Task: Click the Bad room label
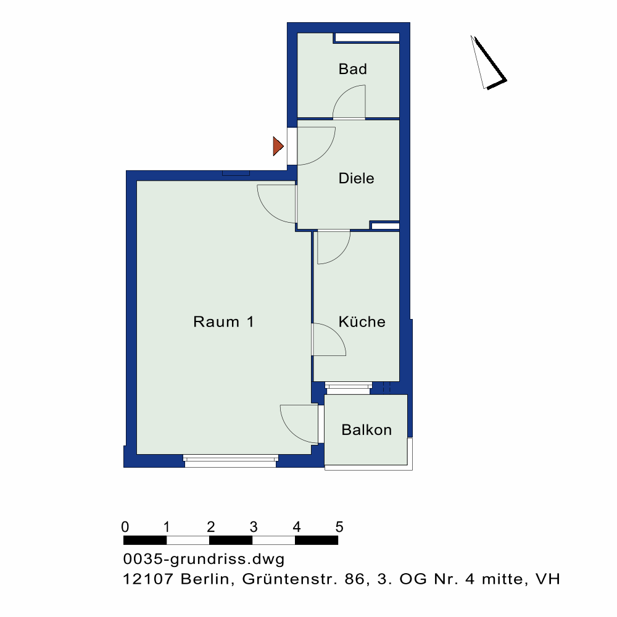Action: pyautogui.click(x=352, y=69)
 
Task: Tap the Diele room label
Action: pyautogui.click(x=356, y=178)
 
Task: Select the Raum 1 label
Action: pyautogui.click(x=223, y=322)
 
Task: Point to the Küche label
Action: pyautogui.click(x=362, y=321)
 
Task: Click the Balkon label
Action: pyautogui.click(x=366, y=429)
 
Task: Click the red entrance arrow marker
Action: pyautogui.click(x=278, y=146)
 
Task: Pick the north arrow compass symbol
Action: pyautogui.click(x=488, y=63)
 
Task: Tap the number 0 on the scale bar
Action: pyautogui.click(x=125, y=526)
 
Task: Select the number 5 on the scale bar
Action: pyautogui.click(x=339, y=526)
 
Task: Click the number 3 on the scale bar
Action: pyautogui.click(x=254, y=526)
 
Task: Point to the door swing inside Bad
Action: pyautogui.click(x=349, y=102)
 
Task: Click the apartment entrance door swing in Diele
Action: pyautogui.click(x=316, y=146)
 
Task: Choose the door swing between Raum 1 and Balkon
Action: pyautogui.click(x=299, y=424)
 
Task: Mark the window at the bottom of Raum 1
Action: pyautogui.click(x=231, y=461)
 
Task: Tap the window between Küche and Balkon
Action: pyautogui.click(x=349, y=388)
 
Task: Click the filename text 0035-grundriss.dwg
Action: pyautogui.click(x=204, y=559)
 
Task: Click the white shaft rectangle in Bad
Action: pyautogui.click(x=366, y=38)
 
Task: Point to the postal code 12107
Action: pyautogui.click(x=148, y=579)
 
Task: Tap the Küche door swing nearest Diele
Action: pyautogui.click(x=333, y=247)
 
